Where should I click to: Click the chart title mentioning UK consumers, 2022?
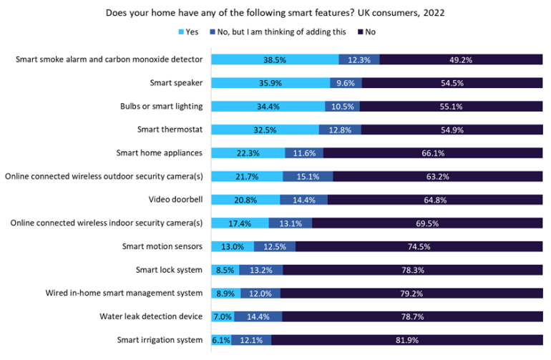(275, 12)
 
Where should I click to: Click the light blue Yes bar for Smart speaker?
(270, 83)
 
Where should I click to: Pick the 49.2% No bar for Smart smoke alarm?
(460, 60)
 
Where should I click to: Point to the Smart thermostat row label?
(170, 130)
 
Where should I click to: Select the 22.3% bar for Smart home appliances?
(248, 153)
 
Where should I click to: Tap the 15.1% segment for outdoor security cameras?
(308, 176)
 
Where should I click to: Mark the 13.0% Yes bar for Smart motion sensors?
(233, 246)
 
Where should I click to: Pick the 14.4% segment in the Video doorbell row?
(296, 200)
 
